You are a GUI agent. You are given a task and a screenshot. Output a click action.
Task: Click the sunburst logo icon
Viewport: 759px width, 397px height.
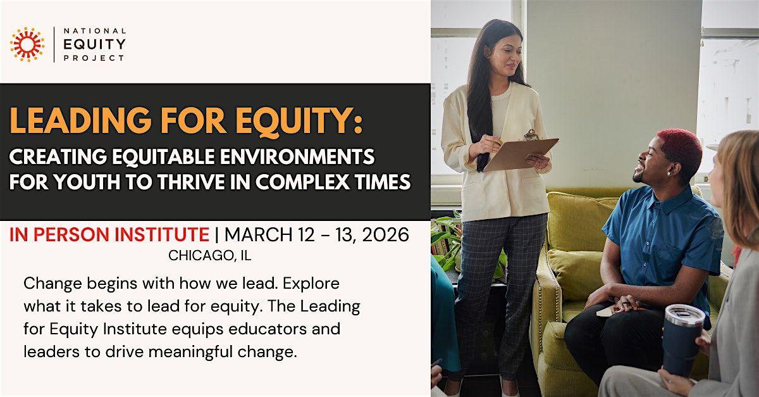pyautogui.click(x=27, y=44)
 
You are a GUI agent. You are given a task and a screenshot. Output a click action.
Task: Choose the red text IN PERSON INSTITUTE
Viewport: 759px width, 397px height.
pyautogui.click(x=109, y=235)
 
